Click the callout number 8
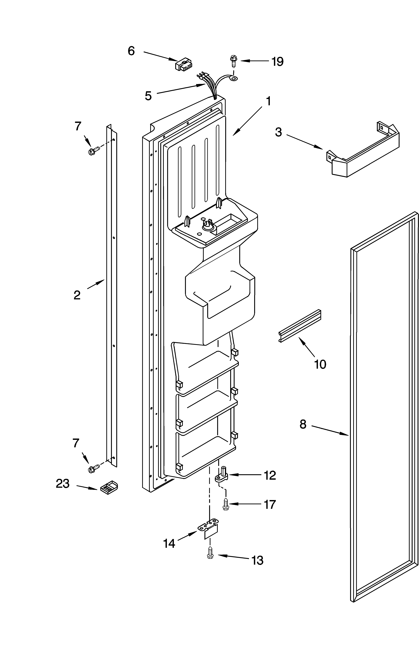pyautogui.click(x=303, y=424)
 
